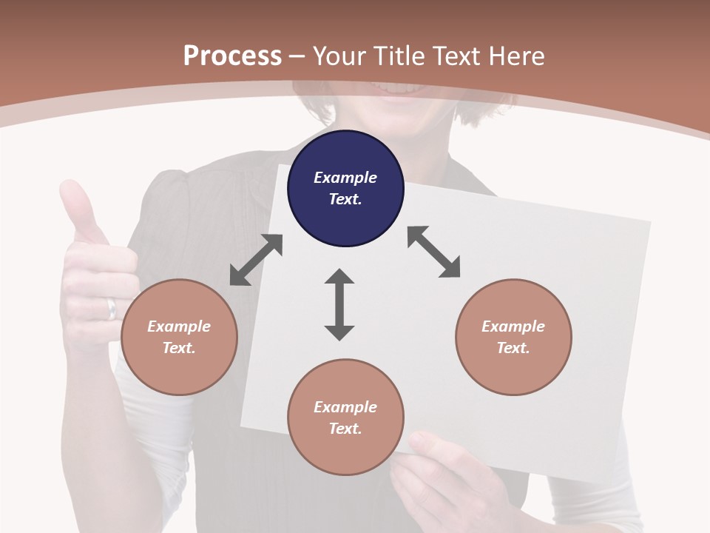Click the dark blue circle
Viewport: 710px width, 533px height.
(345, 188)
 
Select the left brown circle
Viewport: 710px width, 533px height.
(179, 337)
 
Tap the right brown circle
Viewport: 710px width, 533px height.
(513, 337)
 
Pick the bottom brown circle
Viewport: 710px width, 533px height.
(345, 417)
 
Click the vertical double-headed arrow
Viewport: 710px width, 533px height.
(339, 304)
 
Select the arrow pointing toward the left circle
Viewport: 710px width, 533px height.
(256, 260)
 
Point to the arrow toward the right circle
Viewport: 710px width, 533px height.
(434, 252)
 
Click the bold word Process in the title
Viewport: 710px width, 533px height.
(232, 56)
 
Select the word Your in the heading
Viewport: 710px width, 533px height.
(339, 56)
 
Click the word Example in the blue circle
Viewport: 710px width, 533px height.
(345, 178)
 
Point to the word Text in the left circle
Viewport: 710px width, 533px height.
(178, 348)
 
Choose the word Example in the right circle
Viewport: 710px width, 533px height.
(513, 326)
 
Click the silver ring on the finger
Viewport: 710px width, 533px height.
(112, 307)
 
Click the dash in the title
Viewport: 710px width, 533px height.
(297, 56)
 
